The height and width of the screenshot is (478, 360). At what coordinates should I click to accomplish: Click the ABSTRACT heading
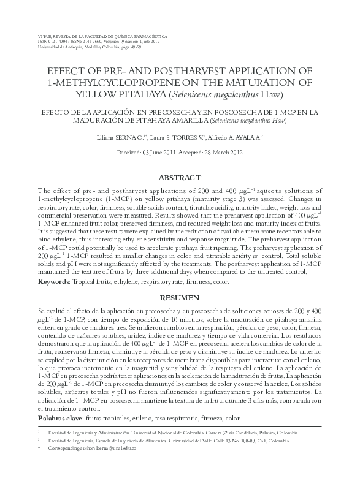[x=180, y=178]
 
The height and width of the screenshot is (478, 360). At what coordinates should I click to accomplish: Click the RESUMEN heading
[x=180, y=298]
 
